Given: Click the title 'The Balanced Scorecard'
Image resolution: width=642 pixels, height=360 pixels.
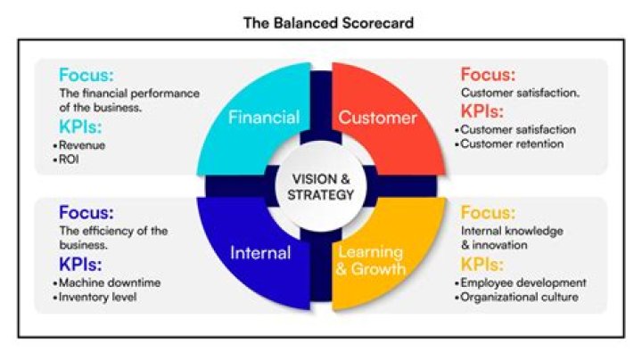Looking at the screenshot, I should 328,23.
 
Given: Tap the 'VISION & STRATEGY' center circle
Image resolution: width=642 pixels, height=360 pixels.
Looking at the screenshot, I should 321,185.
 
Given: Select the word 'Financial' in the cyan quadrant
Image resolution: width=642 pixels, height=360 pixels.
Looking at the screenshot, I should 263,117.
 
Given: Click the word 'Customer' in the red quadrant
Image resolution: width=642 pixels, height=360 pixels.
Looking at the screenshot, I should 377,117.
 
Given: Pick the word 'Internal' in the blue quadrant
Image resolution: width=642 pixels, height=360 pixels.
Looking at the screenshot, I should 260,253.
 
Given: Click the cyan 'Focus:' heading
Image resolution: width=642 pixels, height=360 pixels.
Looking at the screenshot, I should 86,75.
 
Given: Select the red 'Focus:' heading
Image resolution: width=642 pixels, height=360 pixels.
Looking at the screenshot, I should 488,75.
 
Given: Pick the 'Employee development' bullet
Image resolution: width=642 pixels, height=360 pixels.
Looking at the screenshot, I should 523,282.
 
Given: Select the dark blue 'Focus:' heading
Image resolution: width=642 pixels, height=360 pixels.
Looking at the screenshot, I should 86,214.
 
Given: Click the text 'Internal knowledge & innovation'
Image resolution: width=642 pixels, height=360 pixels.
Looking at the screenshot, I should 511,238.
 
